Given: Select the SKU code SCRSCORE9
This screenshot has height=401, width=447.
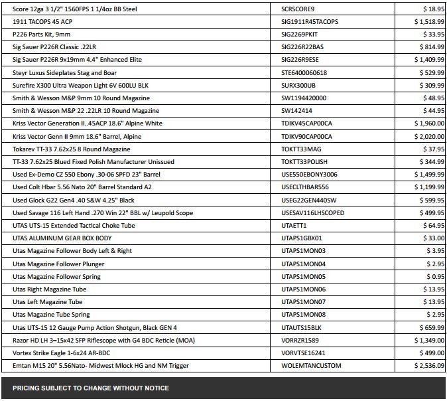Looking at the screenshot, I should point(298,9).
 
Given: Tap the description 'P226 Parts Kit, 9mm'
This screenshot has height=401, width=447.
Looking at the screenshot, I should point(41,35).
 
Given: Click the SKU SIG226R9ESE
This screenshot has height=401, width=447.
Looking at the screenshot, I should point(302,60).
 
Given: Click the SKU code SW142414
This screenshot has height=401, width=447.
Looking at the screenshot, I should point(296,111).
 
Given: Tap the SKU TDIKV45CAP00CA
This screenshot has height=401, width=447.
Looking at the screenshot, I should point(307,123).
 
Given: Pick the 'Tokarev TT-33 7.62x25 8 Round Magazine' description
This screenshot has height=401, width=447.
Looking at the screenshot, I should point(72,149).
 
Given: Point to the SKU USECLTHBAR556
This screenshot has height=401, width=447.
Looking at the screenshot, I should point(305,187).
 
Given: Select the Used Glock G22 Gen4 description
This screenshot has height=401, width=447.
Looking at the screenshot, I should point(74,200).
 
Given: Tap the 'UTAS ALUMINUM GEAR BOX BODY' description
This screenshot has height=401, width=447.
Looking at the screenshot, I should point(62,238).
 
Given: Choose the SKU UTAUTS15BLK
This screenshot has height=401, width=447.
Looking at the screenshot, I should point(301,327).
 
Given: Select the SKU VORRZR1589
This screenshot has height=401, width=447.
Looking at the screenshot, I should point(300,340).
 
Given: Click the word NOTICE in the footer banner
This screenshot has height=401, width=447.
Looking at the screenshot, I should point(155,388).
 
